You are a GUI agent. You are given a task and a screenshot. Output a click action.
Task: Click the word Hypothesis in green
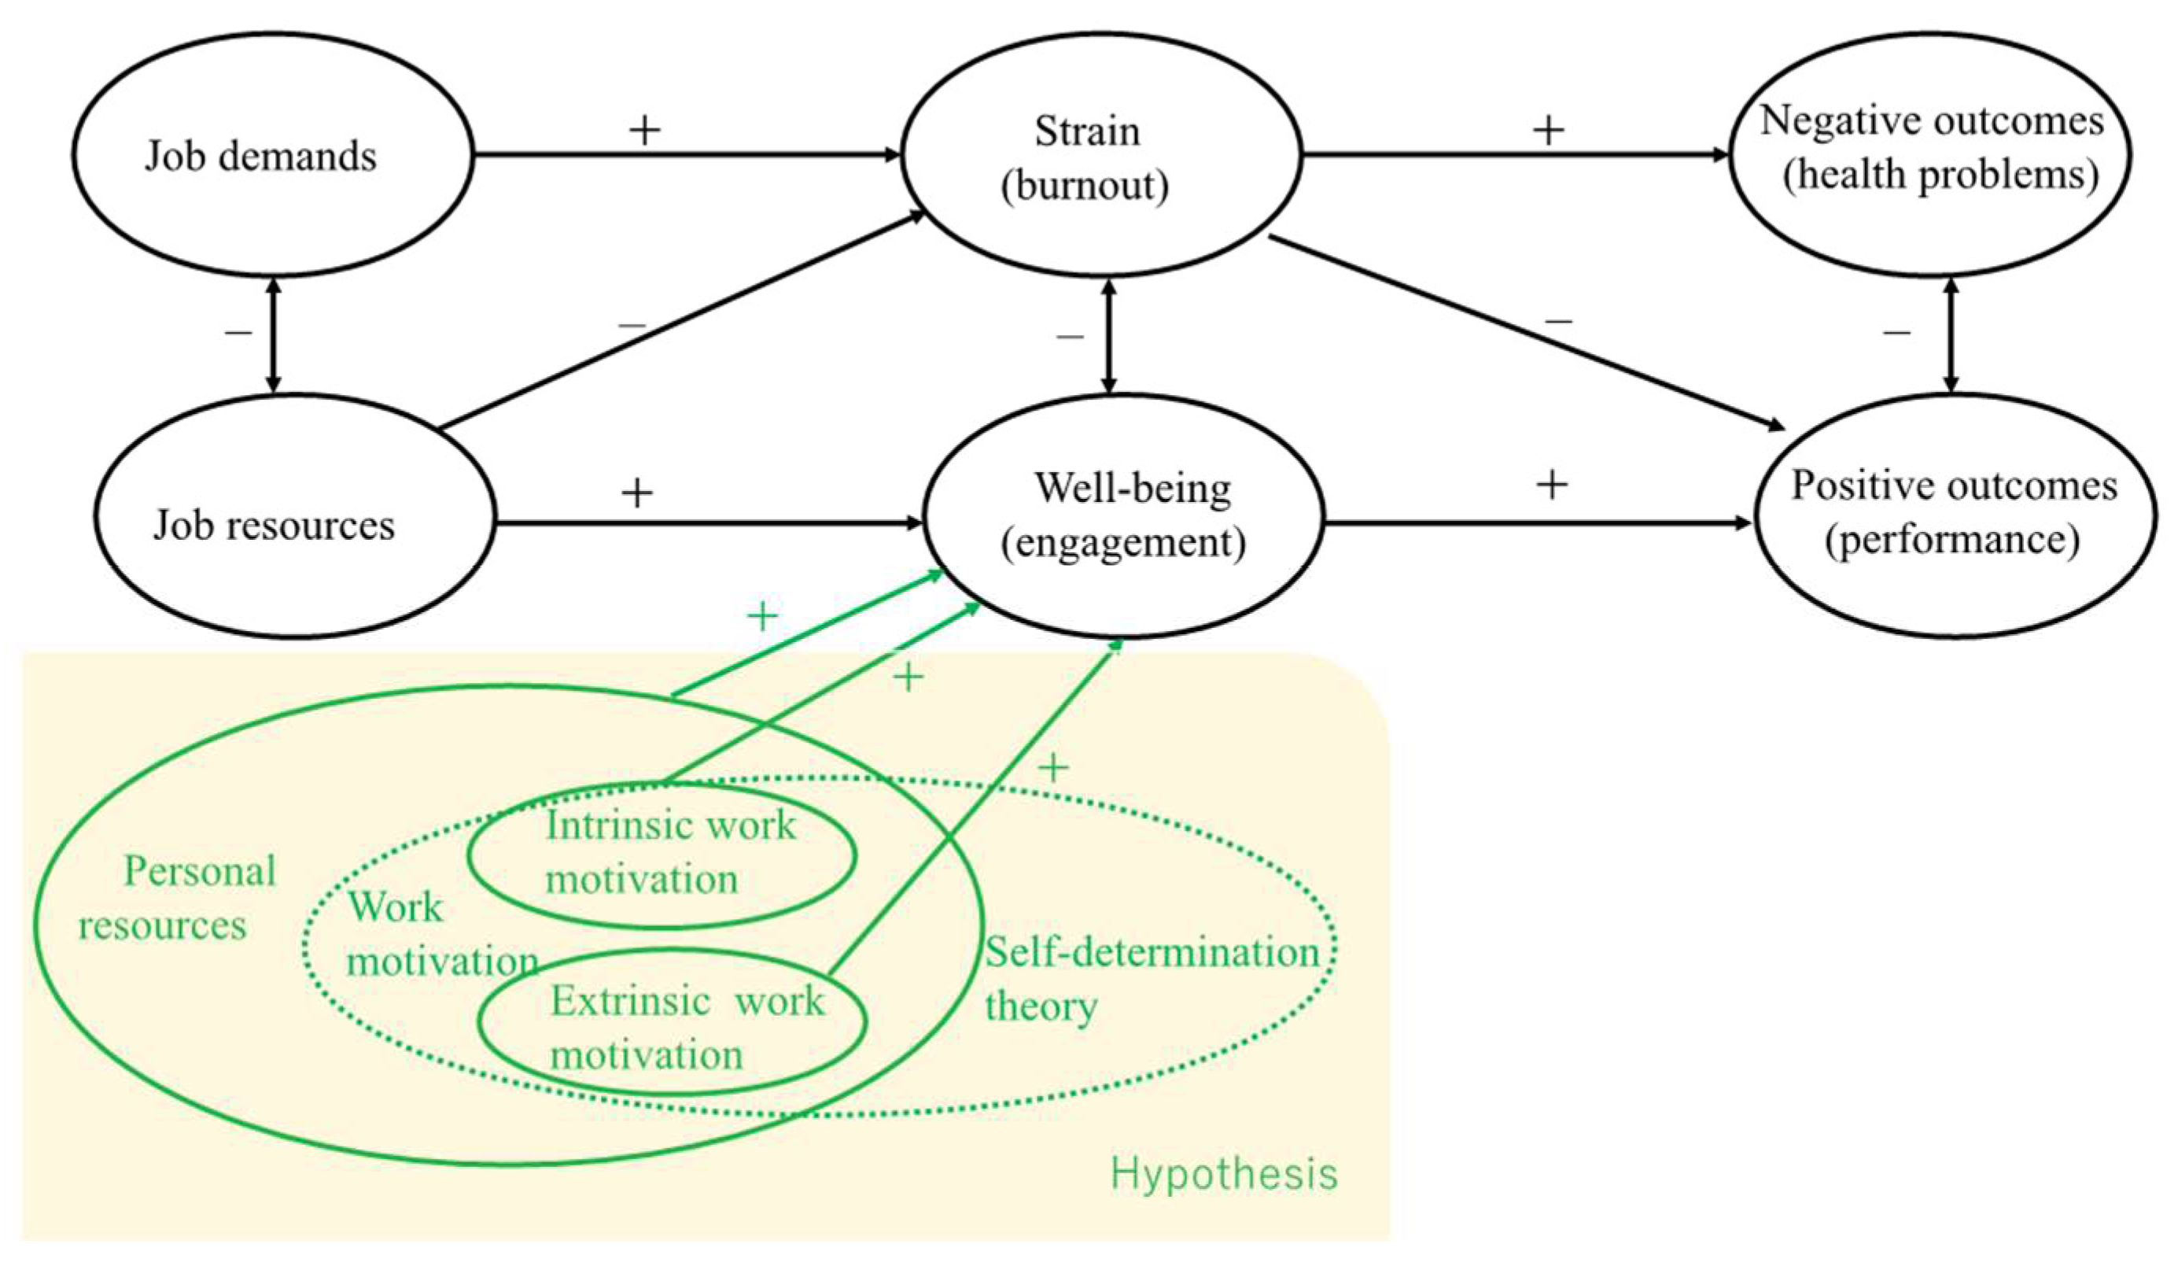click(1223, 1175)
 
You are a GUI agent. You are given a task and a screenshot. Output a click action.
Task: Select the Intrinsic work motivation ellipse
click(662, 855)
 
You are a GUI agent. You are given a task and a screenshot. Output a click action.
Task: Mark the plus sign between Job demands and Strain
click(644, 131)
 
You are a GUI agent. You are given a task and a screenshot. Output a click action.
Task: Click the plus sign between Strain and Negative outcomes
click(1548, 131)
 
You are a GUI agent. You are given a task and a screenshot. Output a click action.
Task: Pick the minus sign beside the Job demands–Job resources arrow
click(238, 332)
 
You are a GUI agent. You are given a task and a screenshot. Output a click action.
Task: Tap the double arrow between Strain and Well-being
click(1110, 335)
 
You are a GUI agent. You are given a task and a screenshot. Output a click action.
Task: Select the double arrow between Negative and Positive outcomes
click(1950, 335)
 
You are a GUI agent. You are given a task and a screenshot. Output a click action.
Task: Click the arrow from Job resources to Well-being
click(709, 523)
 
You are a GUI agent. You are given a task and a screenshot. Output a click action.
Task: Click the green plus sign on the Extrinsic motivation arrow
click(1052, 768)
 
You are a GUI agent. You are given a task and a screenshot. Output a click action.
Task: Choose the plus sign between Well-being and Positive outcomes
click(1551, 485)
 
